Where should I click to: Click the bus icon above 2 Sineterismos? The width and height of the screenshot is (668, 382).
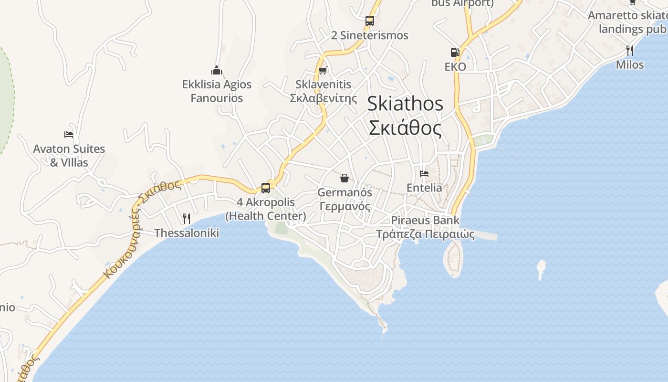370,21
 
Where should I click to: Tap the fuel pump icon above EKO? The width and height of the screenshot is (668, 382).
455,53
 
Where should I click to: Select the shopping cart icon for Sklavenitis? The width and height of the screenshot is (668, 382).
323,71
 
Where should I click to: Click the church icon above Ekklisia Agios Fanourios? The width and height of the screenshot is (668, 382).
217,71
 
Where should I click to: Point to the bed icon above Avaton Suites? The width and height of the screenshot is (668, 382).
69,135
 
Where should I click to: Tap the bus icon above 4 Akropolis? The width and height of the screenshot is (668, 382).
266,188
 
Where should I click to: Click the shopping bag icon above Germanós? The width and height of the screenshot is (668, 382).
344,179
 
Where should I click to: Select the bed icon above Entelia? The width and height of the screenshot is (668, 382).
424,174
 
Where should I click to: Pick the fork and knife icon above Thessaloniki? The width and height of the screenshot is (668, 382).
187,219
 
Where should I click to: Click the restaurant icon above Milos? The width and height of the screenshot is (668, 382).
630,50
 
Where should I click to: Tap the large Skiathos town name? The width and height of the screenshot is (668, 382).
405,104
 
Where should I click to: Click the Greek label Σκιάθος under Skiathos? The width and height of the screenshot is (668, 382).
405,128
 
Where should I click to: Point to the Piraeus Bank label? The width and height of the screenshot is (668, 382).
425,220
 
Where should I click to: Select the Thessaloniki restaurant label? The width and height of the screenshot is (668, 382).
187,233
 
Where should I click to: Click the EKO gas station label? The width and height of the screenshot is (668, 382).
455,67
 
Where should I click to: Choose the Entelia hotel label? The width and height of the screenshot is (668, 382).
424,188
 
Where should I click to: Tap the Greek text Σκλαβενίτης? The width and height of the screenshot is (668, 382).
324,98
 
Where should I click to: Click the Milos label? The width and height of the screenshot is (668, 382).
630,64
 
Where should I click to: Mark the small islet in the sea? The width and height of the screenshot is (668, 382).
541,269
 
